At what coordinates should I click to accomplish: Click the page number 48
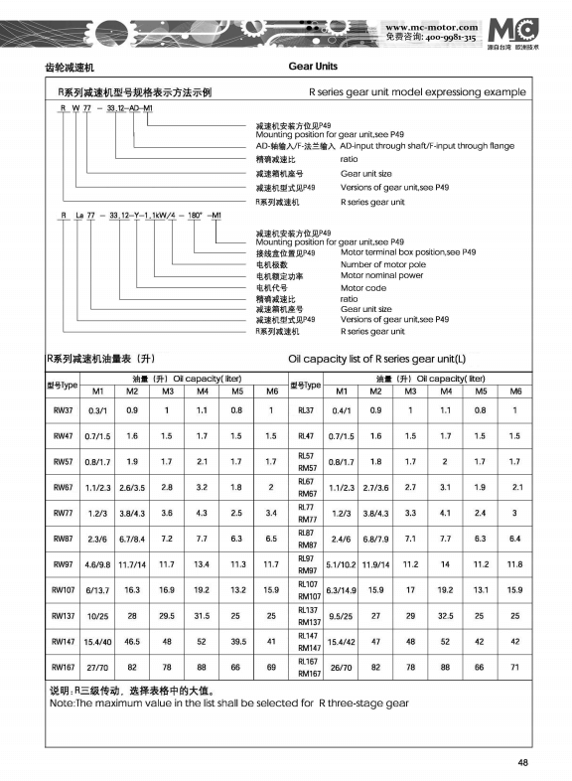tap(522, 762)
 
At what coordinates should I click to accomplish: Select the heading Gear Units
tap(313, 67)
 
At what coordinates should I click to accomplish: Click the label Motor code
tap(362, 286)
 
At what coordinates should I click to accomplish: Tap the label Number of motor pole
tap(382, 264)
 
